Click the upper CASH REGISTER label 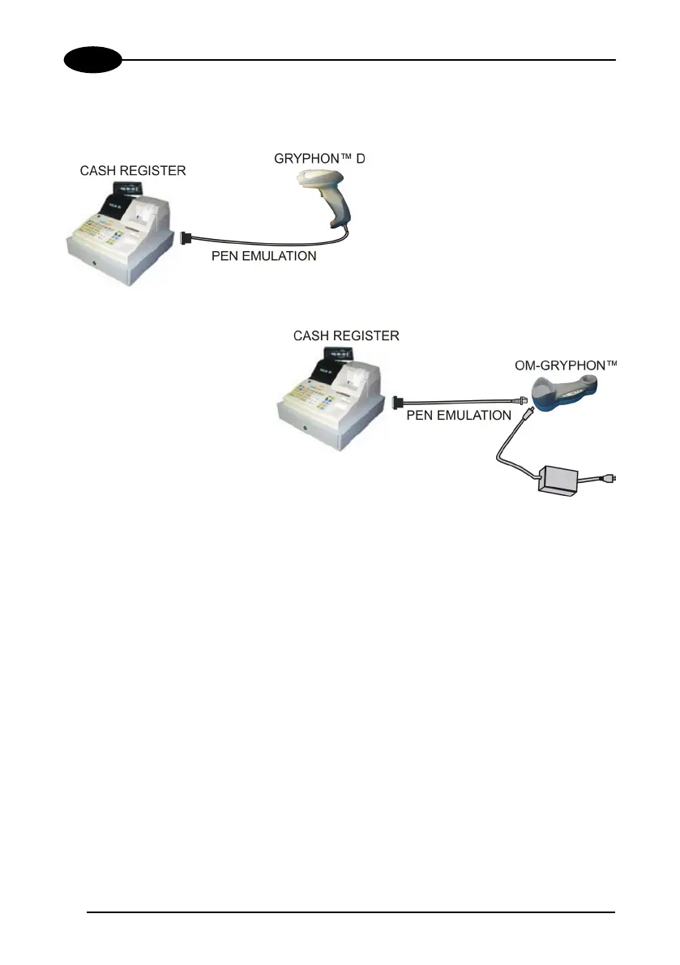(x=132, y=171)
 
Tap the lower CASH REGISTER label (x=347, y=335)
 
